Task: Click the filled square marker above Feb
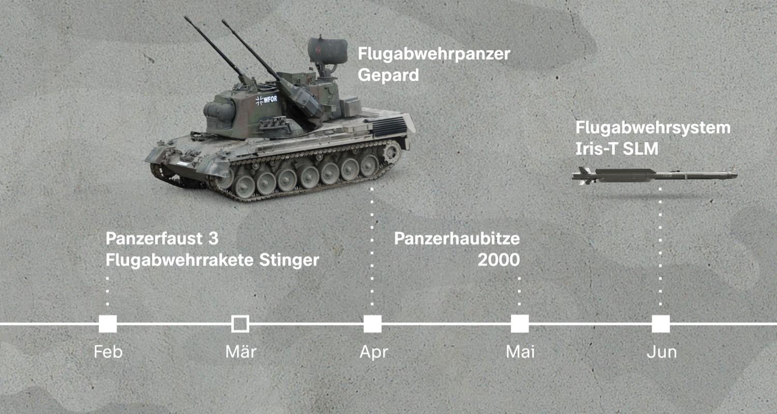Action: pyautogui.click(x=108, y=324)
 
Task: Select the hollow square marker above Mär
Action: pyautogui.click(x=240, y=324)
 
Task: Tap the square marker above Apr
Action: pyautogui.click(x=372, y=324)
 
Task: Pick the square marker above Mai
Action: pyautogui.click(x=520, y=324)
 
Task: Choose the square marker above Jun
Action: pyautogui.click(x=661, y=324)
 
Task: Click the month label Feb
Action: pyautogui.click(x=108, y=352)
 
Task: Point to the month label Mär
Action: pyautogui.click(x=241, y=351)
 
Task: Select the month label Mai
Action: pyautogui.click(x=520, y=352)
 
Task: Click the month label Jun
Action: pyautogui.click(x=661, y=352)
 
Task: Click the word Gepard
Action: pyautogui.click(x=388, y=76)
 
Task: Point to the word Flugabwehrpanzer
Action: pyautogui.click(x=434, y=54)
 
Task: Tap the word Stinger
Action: pyautogui.click(x=289, y=260)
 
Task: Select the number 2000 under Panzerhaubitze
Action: pyautogui.click(x=498, y=260)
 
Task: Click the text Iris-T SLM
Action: pyautogui.click(x=617, y=149)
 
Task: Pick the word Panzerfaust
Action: pyautogui.click(x=154, y=239)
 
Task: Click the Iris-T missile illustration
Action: pyautogui.click(x=654, y=175)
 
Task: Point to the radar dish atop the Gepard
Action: pyautogui.click(x=327, y=51)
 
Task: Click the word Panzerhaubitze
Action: pyautogui.click(x=457, y=239)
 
